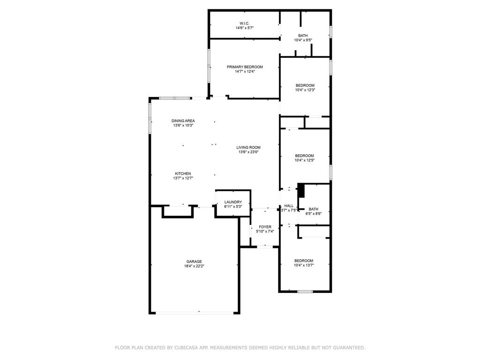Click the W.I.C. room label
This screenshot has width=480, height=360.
pyautogui.click(x=244, y=23)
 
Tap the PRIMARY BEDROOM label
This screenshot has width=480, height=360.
pyautogui.click(x=245, y=67)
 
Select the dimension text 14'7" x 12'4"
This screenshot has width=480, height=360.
pyautogui.click(x=245, y=72)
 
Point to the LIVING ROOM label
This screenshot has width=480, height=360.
pyautogui.click(x=248, y=147)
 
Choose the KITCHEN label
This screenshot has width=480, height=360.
pyautogui.click(x=183, y=173)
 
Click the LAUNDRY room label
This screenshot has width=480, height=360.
pyautogui.click(x=233, y=202)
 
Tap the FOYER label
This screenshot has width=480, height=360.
pyautogui.click(x=265, y=227)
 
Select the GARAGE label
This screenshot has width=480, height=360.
pyautogui.click(x=194, y=262)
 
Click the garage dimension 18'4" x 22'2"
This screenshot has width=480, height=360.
pyautogui.click(x=194, y=266)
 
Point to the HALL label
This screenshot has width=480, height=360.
pyautogui.click(x=289, y=206)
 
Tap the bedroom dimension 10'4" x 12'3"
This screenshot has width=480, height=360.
pyautogui.click(x=305, y=90)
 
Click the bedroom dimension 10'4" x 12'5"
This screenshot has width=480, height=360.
pyautogui.click(x=304, y=160)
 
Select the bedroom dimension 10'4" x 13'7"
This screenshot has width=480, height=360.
pyautogui.click(x=304, y=265)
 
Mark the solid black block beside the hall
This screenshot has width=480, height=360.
pyautogui.click(x=301, y=191)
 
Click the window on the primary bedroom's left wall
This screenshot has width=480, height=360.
pyautogui.click(x=209, y=66)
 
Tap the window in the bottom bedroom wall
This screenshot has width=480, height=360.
pyautogui.click(x=305, y=292)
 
